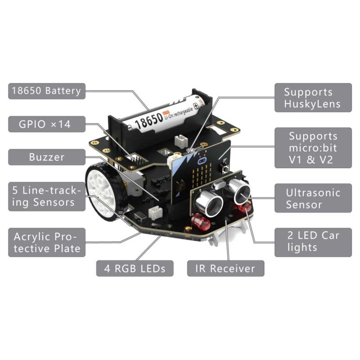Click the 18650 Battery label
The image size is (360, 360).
point(47,91)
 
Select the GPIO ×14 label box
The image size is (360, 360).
point(47,124)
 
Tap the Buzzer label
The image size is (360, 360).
point(47,157)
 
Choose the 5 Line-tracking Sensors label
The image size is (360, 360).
point(47,197)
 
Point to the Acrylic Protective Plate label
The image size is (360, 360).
point(47,243)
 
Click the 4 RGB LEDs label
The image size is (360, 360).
point(135,268)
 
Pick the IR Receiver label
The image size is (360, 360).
point(226,268)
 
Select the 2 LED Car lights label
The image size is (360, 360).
point(313,243)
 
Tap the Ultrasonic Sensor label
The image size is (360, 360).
point(313,198)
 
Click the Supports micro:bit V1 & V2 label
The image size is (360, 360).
point(313,148)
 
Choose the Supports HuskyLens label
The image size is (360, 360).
point(313,98)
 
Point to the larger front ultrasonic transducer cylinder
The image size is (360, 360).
point(208,203)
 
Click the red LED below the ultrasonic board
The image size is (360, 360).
point(201,221)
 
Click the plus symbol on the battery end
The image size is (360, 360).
point(196,106)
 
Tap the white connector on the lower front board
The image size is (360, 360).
point(155,212)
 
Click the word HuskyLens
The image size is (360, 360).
point(312,104)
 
